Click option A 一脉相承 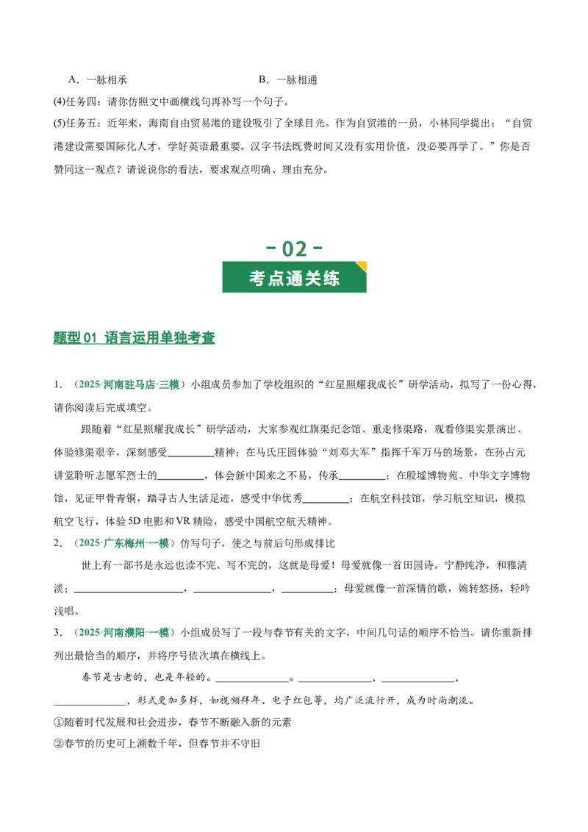pos(98,80)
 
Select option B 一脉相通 pos(288,80)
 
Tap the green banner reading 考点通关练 pos(295,277)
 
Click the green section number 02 pos(295,248)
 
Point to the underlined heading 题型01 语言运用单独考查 pos(135,337)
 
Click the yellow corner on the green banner pos(362,266)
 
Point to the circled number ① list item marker pos(58,722)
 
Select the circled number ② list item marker pos(58,743)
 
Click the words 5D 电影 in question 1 pos(151,521)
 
